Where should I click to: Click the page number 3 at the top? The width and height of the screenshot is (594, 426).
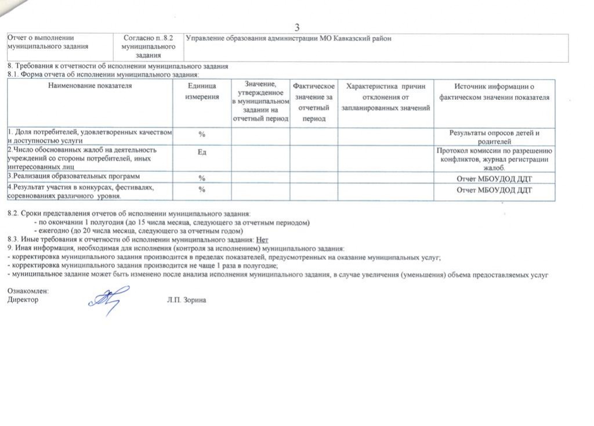click(297, 27)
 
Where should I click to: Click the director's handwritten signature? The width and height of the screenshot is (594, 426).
click(106, 300)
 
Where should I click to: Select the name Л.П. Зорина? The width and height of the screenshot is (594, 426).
click(186, 300)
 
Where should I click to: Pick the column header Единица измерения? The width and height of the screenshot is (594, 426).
click(202, 91)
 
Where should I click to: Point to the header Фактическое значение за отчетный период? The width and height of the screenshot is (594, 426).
click(314, 102)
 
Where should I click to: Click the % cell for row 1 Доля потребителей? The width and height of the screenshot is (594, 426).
click(202, 135)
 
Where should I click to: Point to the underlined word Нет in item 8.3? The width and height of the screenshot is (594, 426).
click(262, 239)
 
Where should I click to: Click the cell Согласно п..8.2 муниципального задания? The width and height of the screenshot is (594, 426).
click(149, 47)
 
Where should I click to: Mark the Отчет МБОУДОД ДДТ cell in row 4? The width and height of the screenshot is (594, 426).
click(494, 190)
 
